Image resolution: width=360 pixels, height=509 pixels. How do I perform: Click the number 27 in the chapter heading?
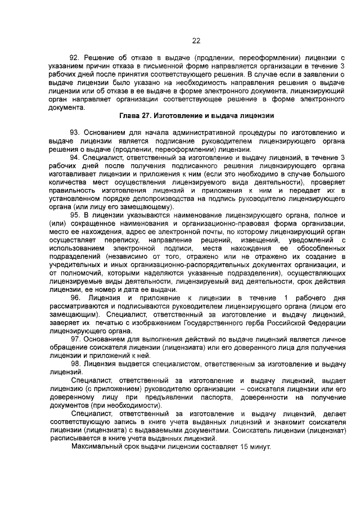[x=151, y=116]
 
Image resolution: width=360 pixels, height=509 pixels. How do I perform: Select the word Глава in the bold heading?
[x=130, y=116]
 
